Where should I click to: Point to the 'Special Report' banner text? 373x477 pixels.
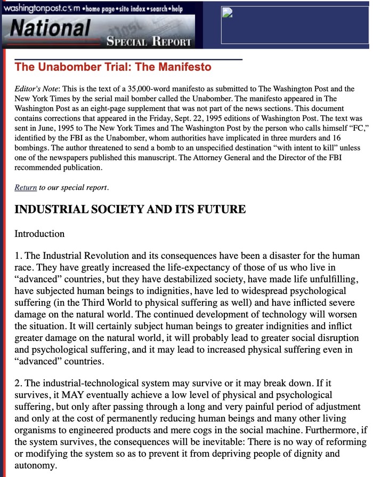pos(149,41)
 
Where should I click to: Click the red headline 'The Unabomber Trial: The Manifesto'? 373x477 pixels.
pos(113,67)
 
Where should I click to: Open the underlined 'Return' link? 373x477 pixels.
pos(26,187)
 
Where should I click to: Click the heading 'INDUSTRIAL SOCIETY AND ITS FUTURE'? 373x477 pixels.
pos(130,210)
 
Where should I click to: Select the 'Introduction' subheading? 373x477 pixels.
pos(39,234)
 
